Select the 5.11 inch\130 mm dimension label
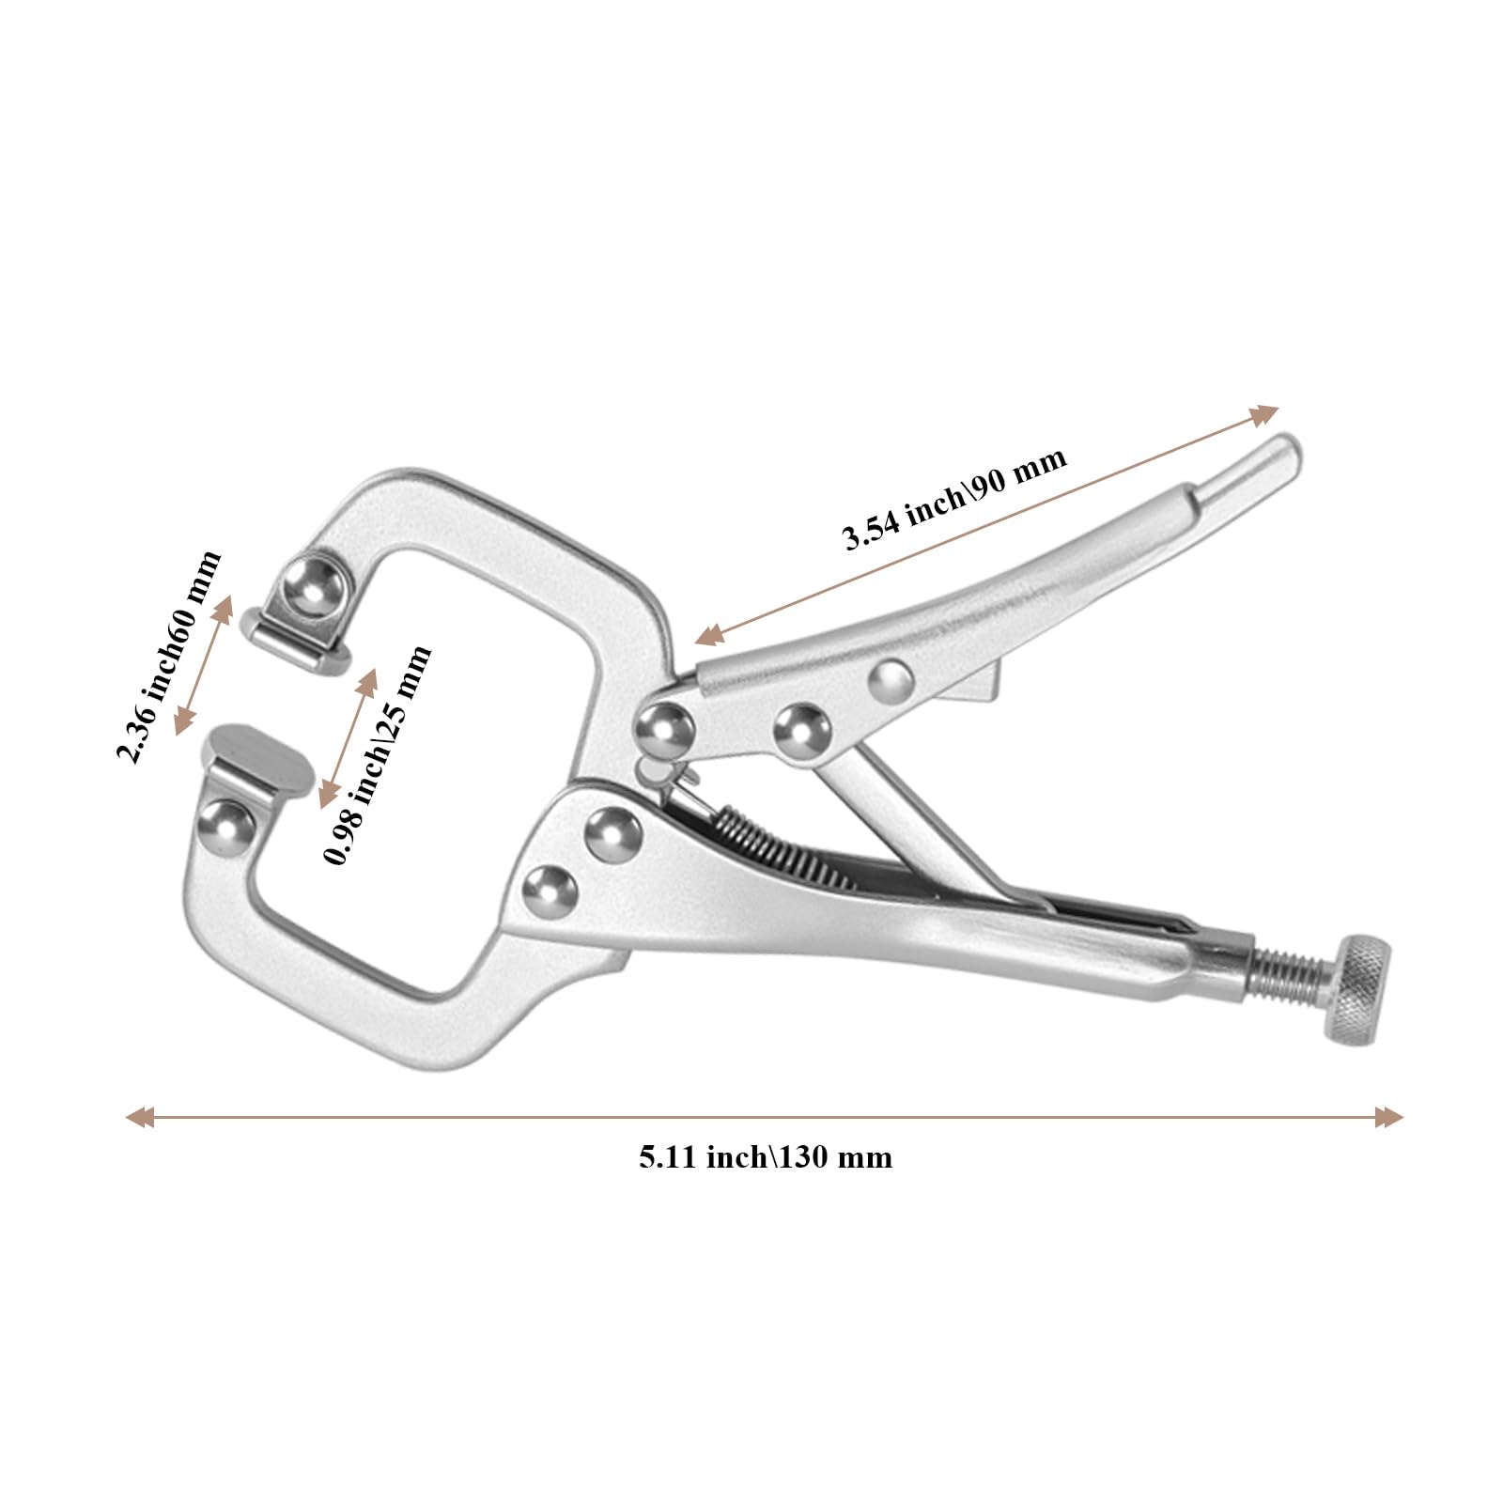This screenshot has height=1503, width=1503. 766,1156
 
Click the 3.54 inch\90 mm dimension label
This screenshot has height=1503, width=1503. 955,498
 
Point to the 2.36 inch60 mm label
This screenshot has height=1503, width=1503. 168,657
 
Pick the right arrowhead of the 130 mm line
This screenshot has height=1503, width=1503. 1389,1117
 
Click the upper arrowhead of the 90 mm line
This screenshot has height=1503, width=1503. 1264,415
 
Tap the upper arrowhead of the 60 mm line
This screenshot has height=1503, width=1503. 224,610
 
